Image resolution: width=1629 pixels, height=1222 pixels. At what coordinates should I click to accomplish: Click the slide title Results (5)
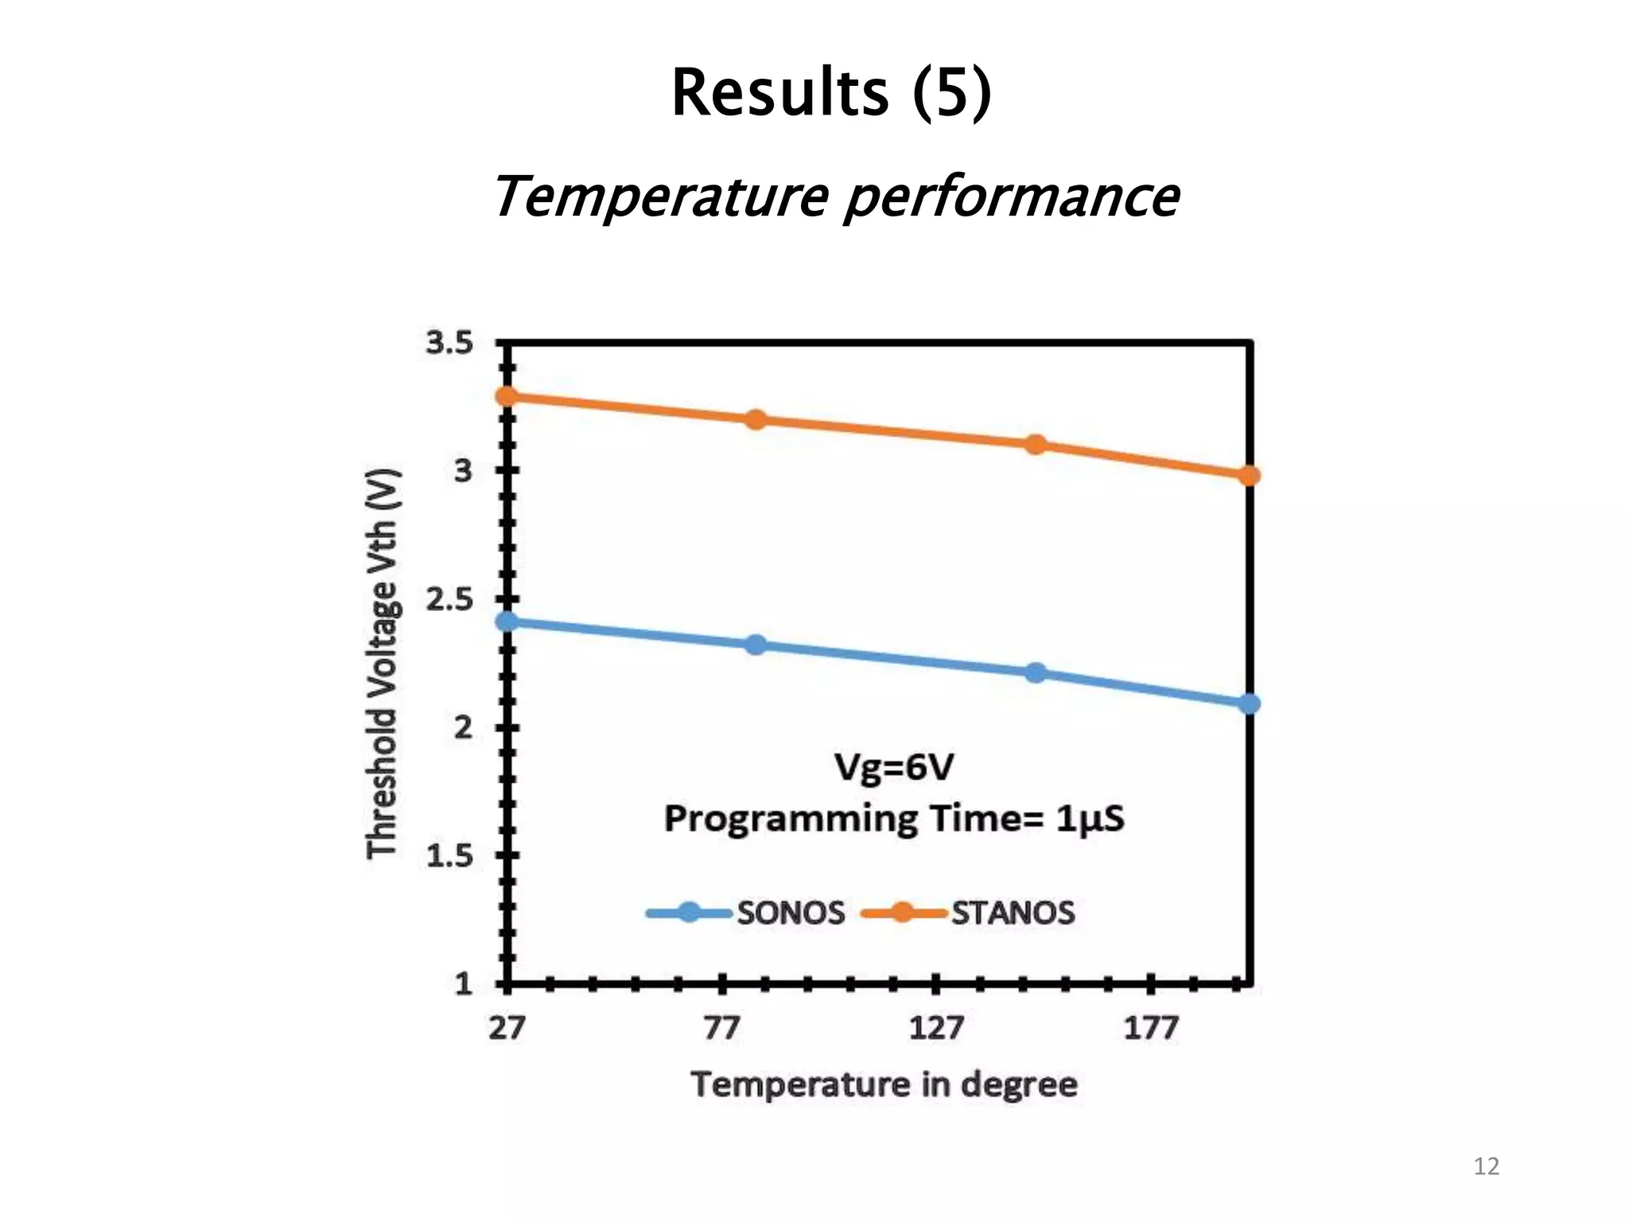[831, 92]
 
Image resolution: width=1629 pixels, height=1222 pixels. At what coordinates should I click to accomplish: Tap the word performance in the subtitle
[1011, 197]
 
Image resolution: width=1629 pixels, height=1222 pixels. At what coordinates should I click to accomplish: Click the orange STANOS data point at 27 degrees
[507, 396]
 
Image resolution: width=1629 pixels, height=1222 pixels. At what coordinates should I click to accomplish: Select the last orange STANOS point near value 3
[1249, 476]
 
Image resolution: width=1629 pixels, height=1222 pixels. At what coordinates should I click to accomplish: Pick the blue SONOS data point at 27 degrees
[507, 621]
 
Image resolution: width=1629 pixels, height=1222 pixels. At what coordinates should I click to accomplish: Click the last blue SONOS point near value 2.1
[1249, 703]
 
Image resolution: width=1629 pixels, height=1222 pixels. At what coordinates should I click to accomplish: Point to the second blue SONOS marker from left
[756, 644]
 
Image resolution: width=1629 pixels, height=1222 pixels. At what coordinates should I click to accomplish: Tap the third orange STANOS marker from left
[1035, 444]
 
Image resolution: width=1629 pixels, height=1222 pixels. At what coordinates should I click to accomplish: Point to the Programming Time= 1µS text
[894, 819]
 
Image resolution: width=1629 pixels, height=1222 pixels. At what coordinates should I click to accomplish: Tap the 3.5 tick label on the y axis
[449, 343]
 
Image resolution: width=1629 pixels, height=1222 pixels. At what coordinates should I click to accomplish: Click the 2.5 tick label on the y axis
[449, 600]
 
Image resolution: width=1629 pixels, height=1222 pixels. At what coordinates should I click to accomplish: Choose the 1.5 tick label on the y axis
[449, 856]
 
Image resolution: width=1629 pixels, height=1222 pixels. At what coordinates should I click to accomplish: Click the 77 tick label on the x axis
[721, 1028]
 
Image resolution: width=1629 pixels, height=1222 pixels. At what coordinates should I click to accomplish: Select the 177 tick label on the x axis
[1150, 1028]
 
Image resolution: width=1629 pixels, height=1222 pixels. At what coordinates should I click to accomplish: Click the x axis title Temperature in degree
[884, 1084]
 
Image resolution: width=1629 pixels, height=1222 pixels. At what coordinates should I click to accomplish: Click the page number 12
[1486, 1166]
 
